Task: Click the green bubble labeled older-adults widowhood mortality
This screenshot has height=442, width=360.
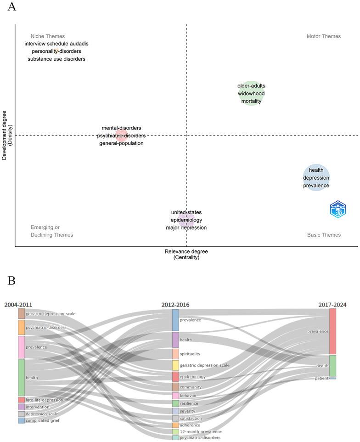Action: [251, 93]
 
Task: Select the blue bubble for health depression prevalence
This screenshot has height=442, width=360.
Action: [316, 178]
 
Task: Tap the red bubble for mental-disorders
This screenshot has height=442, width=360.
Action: [121, 135]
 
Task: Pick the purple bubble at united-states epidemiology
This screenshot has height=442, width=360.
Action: [186, 220]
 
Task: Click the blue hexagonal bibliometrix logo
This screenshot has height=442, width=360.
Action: [337, 210]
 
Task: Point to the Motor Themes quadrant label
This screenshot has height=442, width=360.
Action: [323, 36]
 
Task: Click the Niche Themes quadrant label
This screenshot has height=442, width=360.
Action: [48, 36]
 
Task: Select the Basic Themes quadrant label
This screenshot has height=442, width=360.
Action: [324, 235]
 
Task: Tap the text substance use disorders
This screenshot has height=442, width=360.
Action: [56, 59]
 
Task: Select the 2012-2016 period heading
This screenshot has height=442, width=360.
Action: [175, 305]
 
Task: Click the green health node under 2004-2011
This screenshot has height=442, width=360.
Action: [21, 378]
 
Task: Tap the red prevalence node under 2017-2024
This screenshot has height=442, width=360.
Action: [332, 331]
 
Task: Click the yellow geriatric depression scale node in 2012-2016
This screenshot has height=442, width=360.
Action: [175, 365]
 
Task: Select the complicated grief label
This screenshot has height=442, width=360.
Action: [43, 420]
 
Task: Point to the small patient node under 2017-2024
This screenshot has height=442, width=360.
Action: [332, 378]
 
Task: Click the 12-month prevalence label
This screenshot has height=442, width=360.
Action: [201, 431]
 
